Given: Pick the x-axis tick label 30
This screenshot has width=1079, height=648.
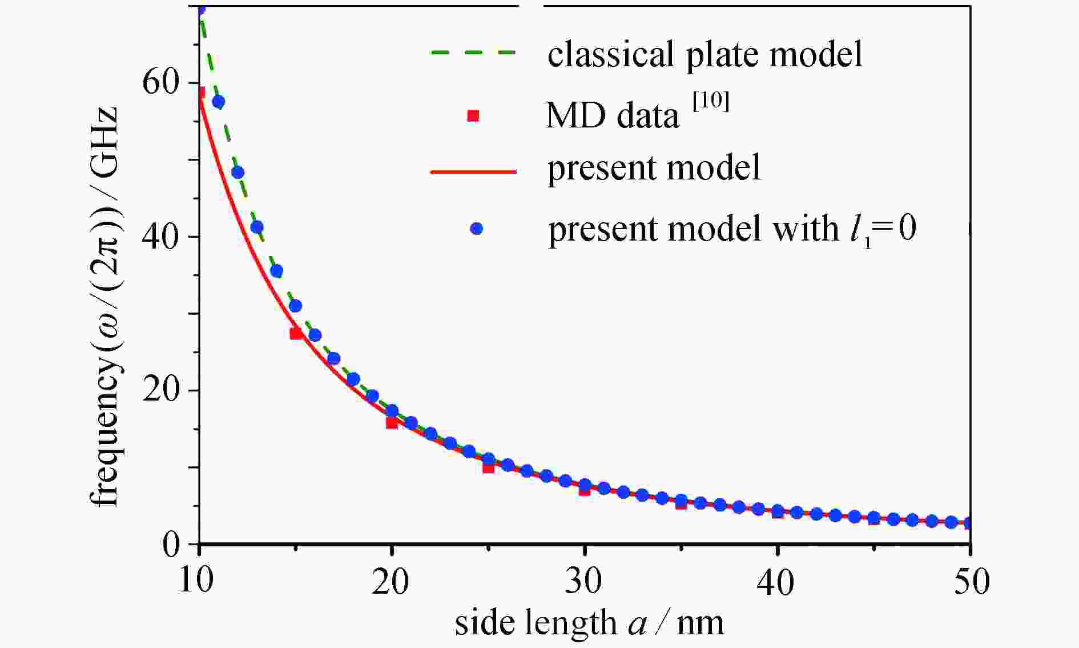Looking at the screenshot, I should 584,582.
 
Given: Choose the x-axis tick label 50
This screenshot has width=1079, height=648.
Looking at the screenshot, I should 969,582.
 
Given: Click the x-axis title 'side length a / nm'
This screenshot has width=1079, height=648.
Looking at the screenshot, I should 589,623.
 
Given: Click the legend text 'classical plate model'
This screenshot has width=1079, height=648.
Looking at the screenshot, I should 705,54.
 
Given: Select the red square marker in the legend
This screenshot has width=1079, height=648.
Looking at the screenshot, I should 473,116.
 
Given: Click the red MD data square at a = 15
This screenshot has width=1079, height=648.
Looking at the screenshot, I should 296,333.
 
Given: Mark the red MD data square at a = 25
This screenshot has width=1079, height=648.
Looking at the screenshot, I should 488,467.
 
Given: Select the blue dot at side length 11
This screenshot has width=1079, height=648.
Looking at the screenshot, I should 218,102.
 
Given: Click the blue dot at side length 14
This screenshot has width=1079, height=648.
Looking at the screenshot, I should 276,271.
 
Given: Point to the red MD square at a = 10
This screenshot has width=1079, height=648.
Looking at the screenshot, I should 200,93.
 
